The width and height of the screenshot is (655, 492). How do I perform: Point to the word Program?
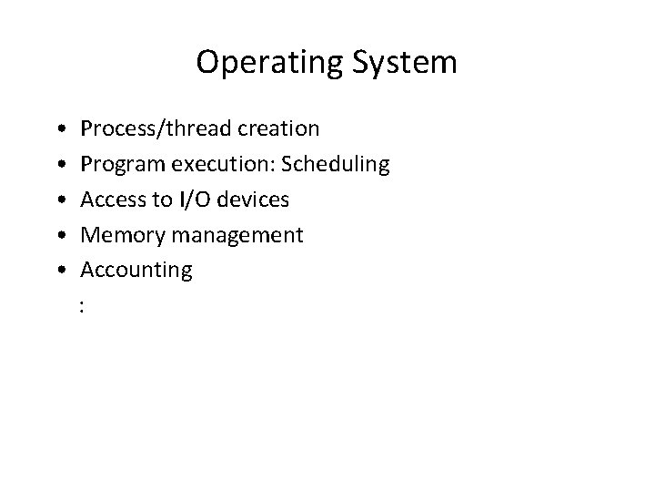(x=117, y=165)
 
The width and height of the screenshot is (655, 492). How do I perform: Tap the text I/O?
(x=188, y=200)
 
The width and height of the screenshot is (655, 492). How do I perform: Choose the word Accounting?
(x=136, y=270)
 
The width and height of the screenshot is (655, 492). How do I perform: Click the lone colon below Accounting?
(x=83, y=307)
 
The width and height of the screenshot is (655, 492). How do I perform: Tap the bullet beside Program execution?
(x=58, y=166)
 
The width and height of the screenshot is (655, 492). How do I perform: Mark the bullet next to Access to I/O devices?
(x=58, y=200)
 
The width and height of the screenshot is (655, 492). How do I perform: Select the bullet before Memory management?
(x=58, y=236)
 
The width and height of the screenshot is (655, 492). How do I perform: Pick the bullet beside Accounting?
(x=58, y=271)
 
